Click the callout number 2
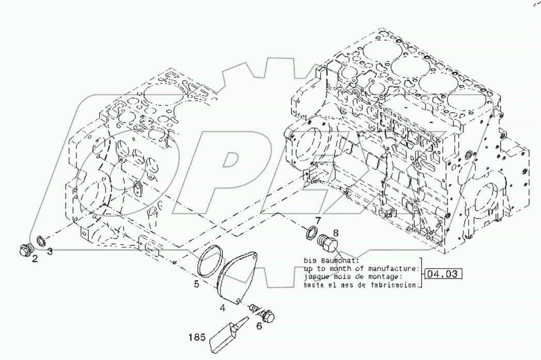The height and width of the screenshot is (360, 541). (35, 259)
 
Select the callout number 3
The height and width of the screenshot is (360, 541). (50, 252)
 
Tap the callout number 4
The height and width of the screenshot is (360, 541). (222, 308)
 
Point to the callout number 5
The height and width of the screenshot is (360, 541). (197, 284)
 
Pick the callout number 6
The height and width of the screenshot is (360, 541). (259, 325)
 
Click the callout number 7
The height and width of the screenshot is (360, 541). (318, 221)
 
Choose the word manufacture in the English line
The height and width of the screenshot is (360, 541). (397, 268)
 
